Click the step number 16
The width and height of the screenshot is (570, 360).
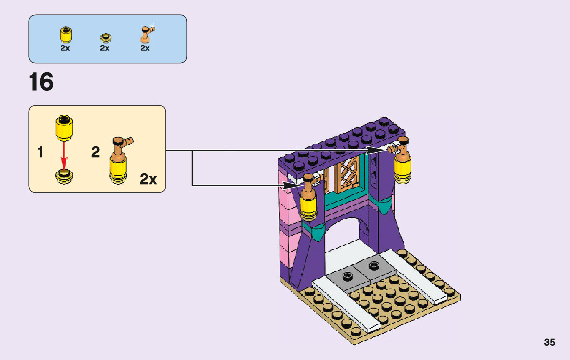click(x=41, y=82)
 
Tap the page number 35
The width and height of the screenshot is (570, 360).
click(x=549, y=342)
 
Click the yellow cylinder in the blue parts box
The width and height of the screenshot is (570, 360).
click(x=65, y=35)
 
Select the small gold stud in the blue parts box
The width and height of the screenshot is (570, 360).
click(x=105, y=37)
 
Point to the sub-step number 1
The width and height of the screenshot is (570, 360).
click(x=40, y=153)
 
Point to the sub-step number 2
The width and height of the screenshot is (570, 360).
click(x=96, y=152)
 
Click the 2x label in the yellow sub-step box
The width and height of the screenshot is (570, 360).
click(x=148, y=179)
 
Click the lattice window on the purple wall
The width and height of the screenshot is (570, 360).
click(x=349, y=174)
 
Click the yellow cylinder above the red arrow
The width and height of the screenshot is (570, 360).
click(x=64, y=128)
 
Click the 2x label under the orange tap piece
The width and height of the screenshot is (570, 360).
click(x=145, y=48)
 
